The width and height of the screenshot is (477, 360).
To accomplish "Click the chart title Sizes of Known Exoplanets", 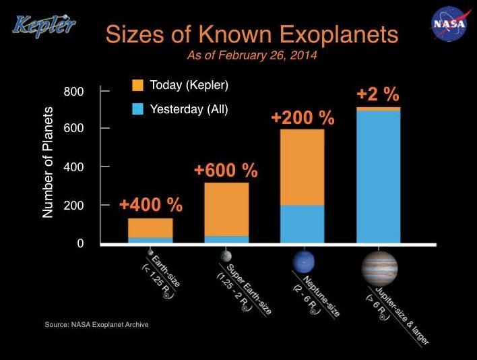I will click(x=241, y=33).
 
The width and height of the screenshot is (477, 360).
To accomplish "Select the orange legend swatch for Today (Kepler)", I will click(x=138, y=86).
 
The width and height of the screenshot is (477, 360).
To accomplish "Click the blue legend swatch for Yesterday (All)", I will click(x=138, y=109).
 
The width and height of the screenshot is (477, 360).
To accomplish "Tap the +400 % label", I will click(x=150, y=204).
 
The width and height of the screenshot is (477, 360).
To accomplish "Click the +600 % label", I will click(x=226, y=170).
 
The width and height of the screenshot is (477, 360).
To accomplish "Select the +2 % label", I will click(x=378, y=94).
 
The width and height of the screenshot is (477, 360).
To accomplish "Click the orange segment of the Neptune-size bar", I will click(x=302, y=167).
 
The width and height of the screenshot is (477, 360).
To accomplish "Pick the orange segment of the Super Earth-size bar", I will click(x=226, y=209).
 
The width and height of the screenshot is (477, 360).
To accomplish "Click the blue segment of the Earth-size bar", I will click(x=150, y=240).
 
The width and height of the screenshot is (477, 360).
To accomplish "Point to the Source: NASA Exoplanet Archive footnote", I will click(x=96, y=325).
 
